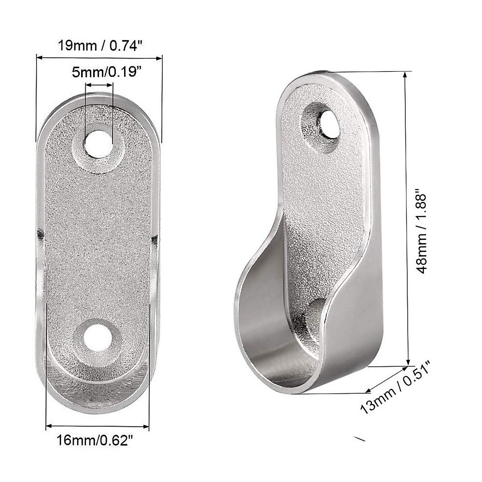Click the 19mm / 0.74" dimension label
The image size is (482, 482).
[x=99, y=45]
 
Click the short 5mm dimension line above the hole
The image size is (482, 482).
[x=100, y=85]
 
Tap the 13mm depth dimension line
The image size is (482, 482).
[x=386, y=379]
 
